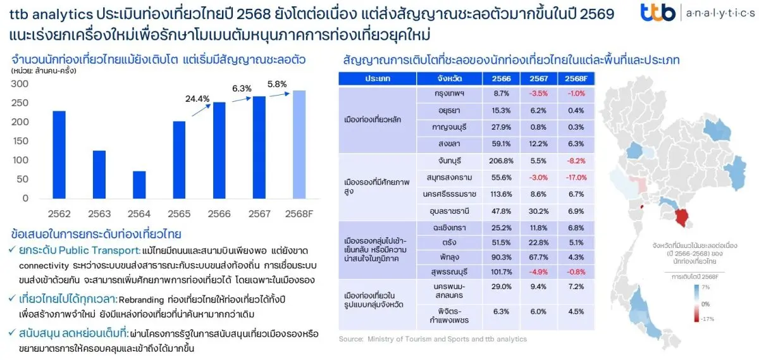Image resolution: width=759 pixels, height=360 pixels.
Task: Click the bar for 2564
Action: pyautogui.click(x=139, y=185)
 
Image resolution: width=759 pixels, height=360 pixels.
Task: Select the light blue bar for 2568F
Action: pyautogui.click(x=299, y=144)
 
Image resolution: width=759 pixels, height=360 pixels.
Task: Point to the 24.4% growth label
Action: pyautogui.click(x=197, y=99)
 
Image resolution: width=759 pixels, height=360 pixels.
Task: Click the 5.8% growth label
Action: pyautogui.click(x=277, y=84)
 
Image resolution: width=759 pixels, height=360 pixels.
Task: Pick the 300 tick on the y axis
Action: pyautogui.click(x=21, y=84)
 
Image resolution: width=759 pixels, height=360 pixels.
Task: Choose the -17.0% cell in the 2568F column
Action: pyautogui.click(x=576, y=177)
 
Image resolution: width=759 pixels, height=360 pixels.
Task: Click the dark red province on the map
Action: pyautogui.click(x=682, y=218)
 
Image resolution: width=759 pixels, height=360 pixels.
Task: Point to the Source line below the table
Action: pyautogui.click(x=433, y=339)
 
